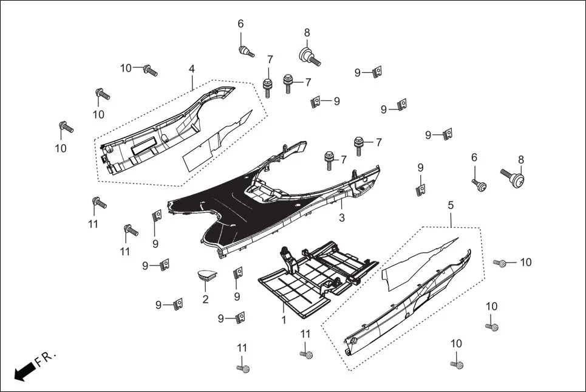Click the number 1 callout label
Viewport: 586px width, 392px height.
click(x=283, y=318)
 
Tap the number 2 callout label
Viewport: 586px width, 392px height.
click(x=205, y=299)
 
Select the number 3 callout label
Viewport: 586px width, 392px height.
click(x=342, y=218)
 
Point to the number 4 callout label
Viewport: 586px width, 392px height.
click(x=192, y=69)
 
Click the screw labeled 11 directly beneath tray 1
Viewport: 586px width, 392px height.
click(x=306, y=354)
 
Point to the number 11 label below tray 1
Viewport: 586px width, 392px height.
click(x=305, y=334)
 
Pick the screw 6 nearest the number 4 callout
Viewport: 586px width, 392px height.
click(x=246, y=50)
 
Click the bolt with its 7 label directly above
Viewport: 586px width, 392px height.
click(x=267, y=85)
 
